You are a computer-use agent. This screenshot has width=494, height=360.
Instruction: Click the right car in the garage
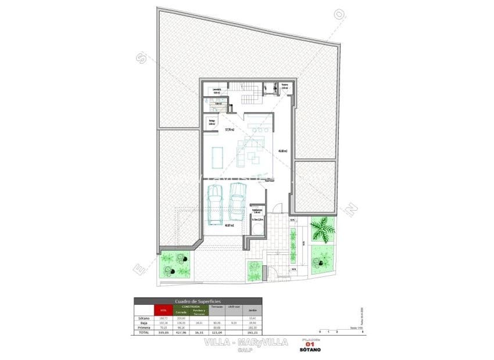237,200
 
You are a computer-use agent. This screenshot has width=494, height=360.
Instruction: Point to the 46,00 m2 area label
283,152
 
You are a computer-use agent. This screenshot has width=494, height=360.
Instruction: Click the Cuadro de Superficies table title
198,301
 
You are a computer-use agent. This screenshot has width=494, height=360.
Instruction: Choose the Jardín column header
252,309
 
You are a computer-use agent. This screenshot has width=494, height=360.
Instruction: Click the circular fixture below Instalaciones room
256,228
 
